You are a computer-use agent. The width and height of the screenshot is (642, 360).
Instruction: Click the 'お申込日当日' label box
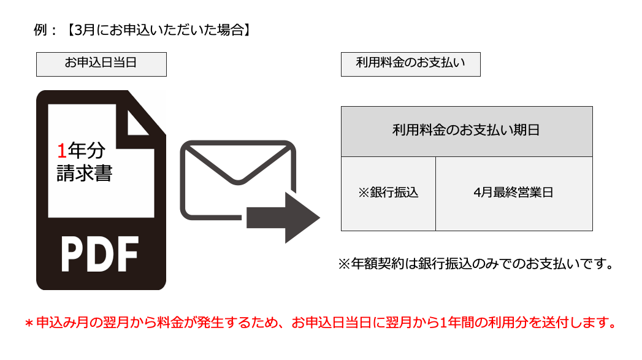pos(101,64)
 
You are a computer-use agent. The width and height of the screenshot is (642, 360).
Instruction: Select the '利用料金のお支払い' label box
pos(411,64)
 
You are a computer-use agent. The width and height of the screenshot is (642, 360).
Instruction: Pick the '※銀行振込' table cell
pos(388,194)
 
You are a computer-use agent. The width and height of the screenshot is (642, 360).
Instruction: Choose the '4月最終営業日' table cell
pos(514,194)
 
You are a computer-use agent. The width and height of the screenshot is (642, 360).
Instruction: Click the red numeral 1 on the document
pos(62,151)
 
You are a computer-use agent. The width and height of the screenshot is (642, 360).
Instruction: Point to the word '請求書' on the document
pos(85,173)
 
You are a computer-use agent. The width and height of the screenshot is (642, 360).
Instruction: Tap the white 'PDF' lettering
pos(100,254)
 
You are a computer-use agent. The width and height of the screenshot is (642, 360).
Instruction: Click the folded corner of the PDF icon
pos(137,123)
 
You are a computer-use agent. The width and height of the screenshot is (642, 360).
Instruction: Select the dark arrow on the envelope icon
pos(283,218)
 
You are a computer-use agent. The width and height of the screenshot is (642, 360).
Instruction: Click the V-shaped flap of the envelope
pos(238,164)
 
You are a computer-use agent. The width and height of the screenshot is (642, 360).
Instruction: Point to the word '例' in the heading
pos(40,30)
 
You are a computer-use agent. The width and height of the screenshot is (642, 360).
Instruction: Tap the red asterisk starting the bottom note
pos(29,324)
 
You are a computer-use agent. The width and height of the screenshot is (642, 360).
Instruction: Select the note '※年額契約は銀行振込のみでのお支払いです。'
pos(476,264)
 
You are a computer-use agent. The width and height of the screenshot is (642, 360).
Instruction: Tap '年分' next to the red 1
pos(86,150)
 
